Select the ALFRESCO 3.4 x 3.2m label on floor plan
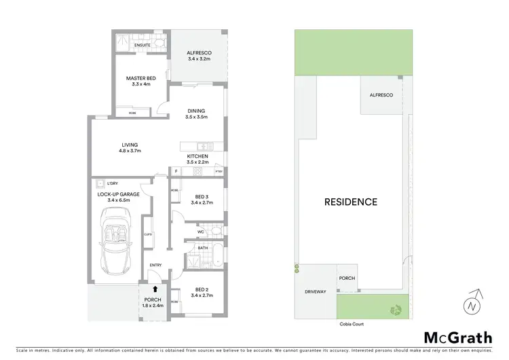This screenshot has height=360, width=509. click(198, 56)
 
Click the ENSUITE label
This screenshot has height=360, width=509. click(143, 46)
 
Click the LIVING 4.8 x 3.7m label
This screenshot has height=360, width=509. click(130, 147)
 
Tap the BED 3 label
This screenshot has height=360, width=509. click(201, 199)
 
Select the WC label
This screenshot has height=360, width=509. click(201, 232)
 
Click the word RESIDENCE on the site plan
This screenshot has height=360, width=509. click(350, 202)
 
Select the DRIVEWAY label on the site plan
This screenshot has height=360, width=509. click(316, 291)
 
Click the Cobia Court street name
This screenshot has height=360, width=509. click(349, 324)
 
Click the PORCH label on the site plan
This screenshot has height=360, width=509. click(347, 278)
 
